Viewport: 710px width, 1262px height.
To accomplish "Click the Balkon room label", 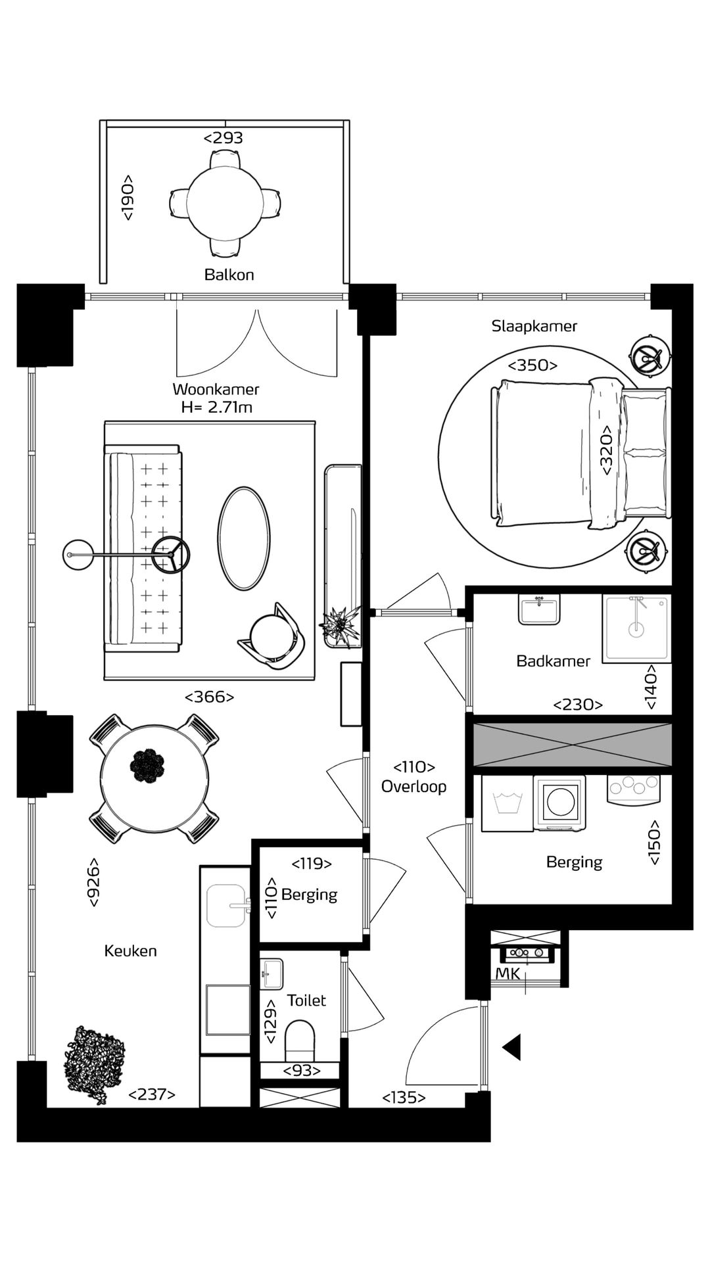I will tap(229, 275).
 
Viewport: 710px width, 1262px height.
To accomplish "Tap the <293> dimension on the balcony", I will tap(224, 138).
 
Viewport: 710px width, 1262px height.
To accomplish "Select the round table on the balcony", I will tap(224, 201).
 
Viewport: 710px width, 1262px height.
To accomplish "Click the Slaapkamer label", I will tap(534, 326).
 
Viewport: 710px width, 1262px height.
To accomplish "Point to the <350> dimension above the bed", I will tap(532, 365).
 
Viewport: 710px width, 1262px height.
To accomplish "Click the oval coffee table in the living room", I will tap(244, 538).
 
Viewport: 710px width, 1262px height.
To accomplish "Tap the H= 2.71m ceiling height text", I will tap(217, 408).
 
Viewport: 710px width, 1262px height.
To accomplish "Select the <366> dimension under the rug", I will tap(210, 697).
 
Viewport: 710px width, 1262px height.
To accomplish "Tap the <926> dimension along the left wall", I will tap(94, 883).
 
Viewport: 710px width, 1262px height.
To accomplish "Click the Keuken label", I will tap(131, 951).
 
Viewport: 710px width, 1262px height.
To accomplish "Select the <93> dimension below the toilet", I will tap(302, 1071).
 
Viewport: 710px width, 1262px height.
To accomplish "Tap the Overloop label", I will tap(414, 787).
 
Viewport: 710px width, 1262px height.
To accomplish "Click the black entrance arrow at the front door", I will tap(512, 1047).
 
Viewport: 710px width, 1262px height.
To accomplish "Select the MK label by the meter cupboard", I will tap(508, 974).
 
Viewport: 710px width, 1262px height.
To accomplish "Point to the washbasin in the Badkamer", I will tap(539, 610).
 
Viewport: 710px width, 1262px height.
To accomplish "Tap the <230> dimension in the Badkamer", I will tap(578, 705).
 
